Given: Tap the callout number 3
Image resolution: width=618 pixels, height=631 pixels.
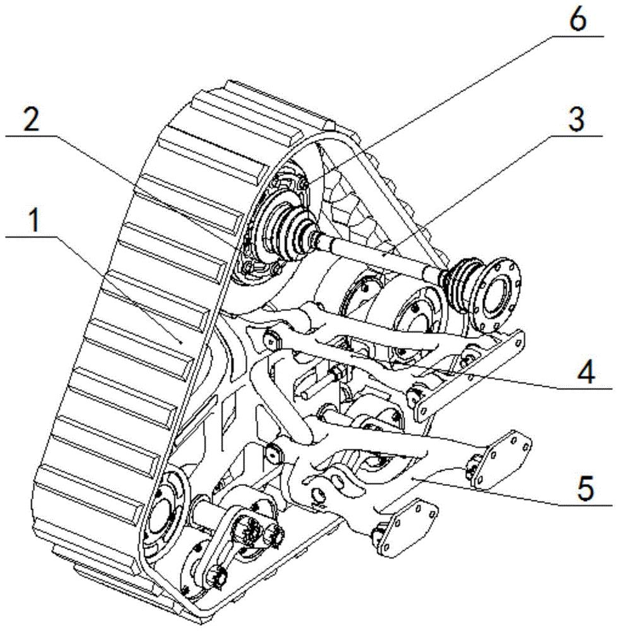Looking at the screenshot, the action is coord(576,119).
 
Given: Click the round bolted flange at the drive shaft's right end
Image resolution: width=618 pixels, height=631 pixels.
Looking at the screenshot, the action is coord(496,293).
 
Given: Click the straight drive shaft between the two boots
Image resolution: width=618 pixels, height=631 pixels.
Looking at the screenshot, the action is coord(374,254).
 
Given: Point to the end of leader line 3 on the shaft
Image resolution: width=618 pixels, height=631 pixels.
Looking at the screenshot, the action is coord(383,256).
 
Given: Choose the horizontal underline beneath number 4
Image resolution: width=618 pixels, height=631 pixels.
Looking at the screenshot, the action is coord(585,389).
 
